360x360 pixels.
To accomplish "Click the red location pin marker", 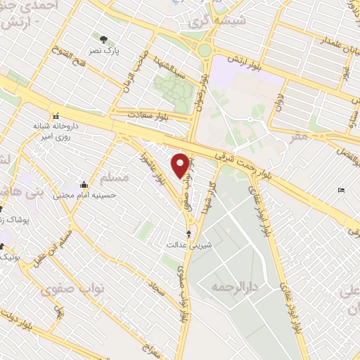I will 180,165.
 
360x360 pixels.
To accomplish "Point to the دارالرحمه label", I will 230,288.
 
